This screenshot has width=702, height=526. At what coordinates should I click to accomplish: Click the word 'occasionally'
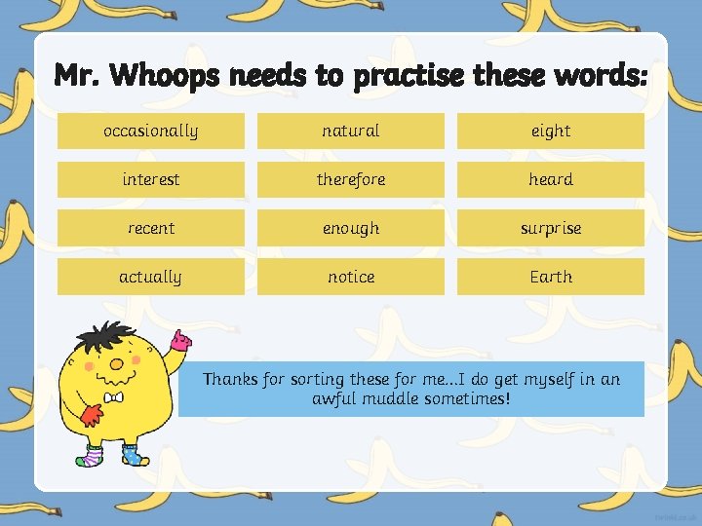[150, 131]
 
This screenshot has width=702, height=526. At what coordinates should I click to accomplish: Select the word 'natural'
[351, 131]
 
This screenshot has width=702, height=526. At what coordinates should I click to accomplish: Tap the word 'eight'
[551, 131]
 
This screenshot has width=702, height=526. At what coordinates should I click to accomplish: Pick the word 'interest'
[150, 179]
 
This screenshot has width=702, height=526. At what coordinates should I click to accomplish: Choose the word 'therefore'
[351, 179]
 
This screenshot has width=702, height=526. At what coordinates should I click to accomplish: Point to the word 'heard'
[551, 179]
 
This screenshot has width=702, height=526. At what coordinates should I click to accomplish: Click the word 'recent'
[150, 228]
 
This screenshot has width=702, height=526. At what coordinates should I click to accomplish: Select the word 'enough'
[351, 228]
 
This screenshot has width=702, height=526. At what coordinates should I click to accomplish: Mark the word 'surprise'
[551, 228]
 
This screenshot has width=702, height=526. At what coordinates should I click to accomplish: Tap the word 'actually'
[150, 277]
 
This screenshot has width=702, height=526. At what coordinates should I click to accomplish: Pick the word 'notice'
[351, 277]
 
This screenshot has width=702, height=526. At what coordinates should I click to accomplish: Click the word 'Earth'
[551, 277]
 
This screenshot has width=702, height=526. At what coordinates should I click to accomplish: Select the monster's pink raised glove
[180, 341]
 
